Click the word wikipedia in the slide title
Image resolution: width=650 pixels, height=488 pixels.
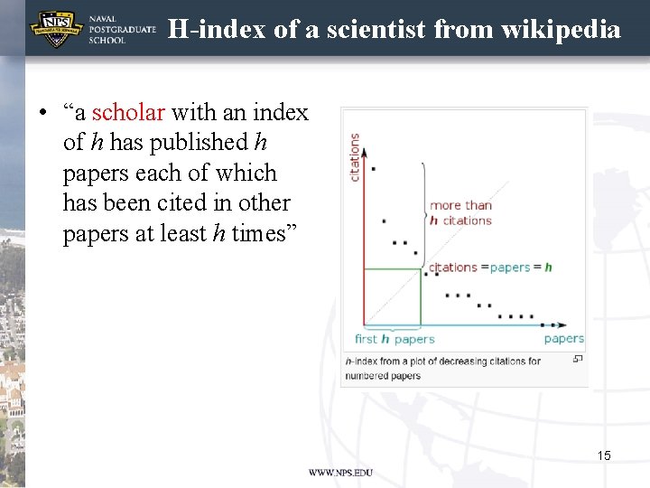(565, 30)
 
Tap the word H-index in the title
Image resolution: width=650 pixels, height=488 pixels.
(218, 30)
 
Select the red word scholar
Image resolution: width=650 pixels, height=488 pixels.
(128, 113)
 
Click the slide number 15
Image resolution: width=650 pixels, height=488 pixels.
(604, 455)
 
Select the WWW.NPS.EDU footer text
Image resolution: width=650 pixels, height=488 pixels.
(340, 473)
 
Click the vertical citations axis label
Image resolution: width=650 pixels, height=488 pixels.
(355, 157)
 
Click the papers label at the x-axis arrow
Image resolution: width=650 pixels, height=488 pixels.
(563, 339)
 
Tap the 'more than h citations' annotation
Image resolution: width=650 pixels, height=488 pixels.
(460, 212)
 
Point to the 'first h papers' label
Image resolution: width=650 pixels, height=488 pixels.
(395, 339)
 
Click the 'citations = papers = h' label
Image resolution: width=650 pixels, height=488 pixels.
(489, 267)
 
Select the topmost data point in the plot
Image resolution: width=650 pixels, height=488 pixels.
(374, 168)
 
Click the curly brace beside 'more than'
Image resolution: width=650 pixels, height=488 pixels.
(422, 213)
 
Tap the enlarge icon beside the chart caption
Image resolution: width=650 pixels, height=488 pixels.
(578, 360)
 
